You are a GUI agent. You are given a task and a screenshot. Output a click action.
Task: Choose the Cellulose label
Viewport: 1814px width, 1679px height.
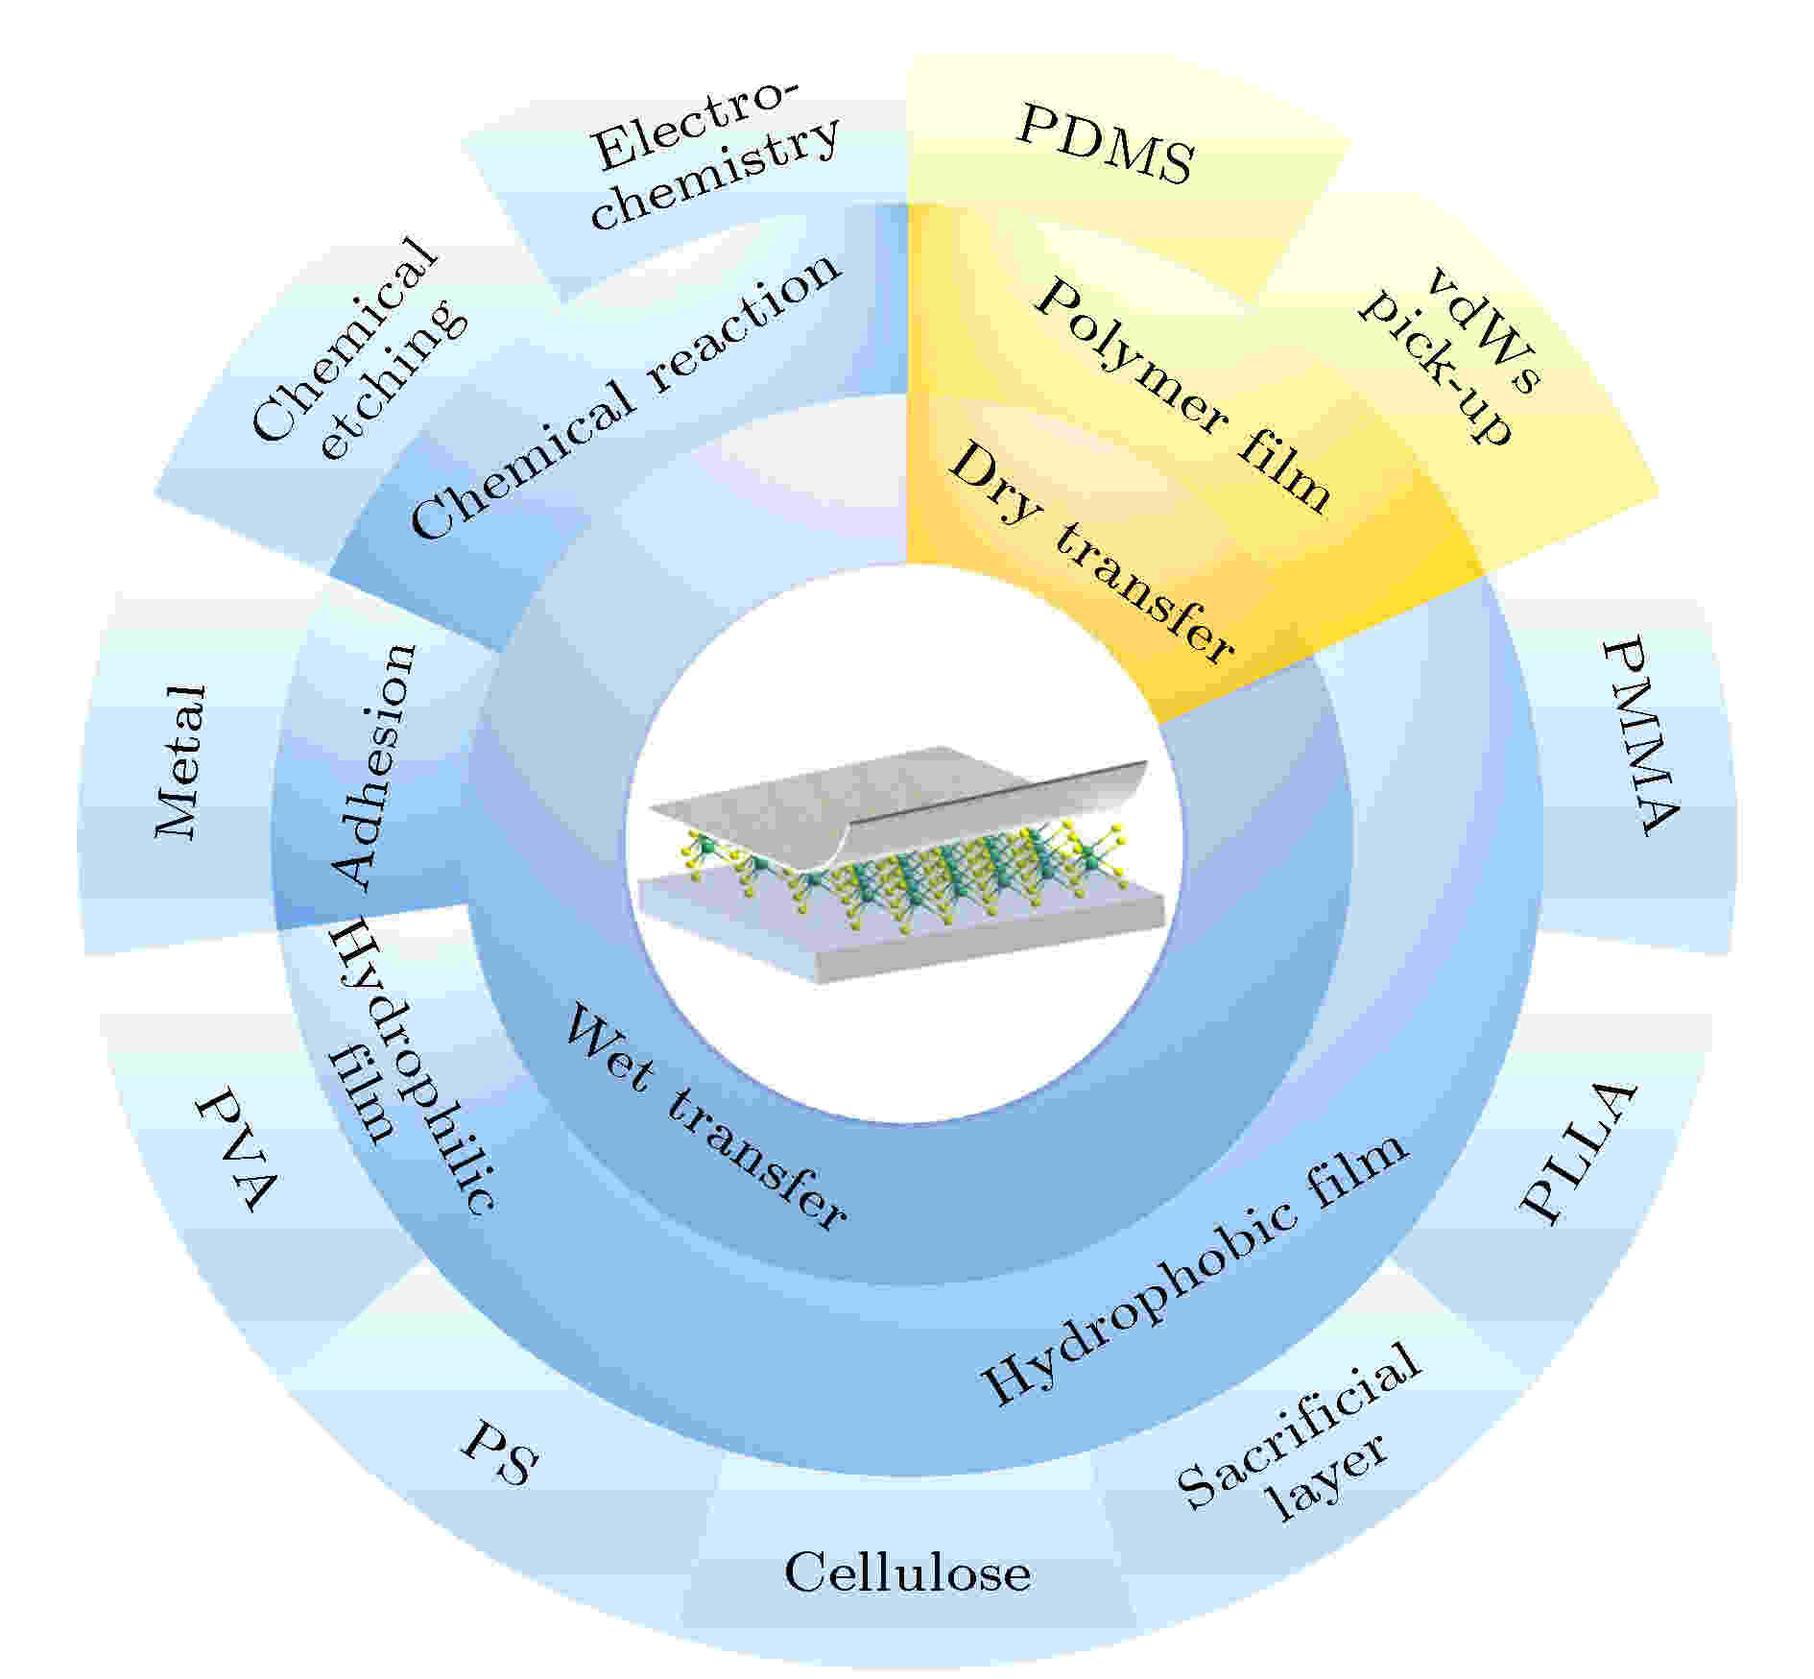tap(907, 1572)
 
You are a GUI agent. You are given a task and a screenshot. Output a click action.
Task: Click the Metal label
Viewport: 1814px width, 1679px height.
tap(180, 762)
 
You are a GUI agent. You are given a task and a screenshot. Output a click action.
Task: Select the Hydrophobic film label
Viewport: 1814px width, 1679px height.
tap(1195, 1271)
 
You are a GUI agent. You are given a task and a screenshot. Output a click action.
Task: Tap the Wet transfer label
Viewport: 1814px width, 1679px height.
tap(704, 1117)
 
